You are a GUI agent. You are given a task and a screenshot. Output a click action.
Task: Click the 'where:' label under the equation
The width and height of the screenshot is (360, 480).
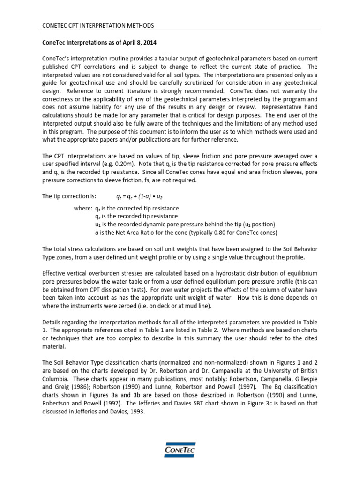(83, 208)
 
